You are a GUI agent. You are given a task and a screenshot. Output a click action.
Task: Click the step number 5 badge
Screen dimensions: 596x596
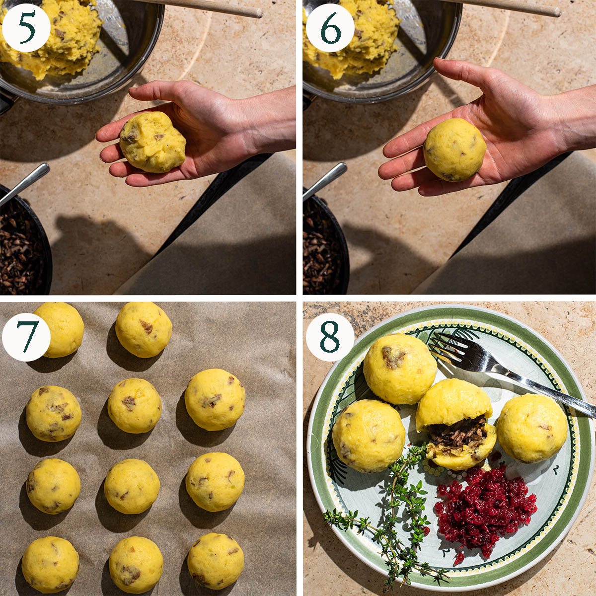click(x=26, y=28)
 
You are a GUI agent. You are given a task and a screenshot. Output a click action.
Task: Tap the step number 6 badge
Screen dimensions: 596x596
click(x=330, y=28)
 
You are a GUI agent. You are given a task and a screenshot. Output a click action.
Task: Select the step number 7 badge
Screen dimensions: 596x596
click(x=26, y=337)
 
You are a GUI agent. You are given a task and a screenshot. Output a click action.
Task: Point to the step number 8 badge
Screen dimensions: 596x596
click(x=330, y=337)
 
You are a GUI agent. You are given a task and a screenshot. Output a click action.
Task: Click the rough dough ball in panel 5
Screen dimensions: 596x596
click(x=153, y=142)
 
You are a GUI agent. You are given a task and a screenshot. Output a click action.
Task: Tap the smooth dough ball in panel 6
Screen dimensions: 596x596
click(x=454, y=149)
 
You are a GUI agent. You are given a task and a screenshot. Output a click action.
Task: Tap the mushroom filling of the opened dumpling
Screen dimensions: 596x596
click(x=457, y=431)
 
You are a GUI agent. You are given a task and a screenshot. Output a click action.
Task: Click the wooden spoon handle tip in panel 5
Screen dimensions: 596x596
click(x=258, y=13)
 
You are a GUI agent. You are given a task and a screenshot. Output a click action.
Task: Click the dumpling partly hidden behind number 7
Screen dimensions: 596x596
click(x=62, y=329)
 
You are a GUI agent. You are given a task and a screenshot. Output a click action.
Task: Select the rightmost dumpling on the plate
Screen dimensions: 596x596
click(x=532, y=428)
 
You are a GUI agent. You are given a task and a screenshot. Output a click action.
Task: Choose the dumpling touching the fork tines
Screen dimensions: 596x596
click(x=400, y=369)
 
